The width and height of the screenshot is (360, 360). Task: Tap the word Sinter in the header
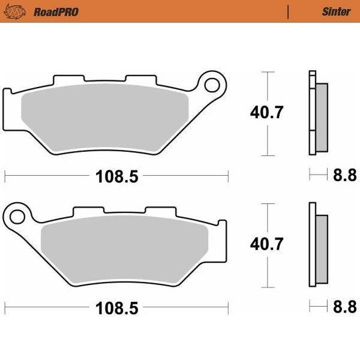point(336,11)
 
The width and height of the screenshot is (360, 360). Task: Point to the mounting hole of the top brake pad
point(212,85)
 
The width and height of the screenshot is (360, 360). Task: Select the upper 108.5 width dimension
point(116,176)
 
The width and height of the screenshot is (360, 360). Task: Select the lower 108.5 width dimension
point(116,308)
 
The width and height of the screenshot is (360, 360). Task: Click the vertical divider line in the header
point(289,11)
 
